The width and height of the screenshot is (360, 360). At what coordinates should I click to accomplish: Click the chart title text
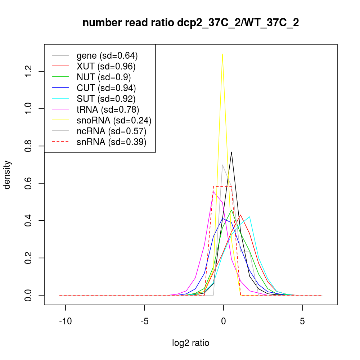(191, 23)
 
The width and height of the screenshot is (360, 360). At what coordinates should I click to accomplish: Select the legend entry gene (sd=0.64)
(107, 55)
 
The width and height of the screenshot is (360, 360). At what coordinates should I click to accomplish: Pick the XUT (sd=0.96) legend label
(106, 66)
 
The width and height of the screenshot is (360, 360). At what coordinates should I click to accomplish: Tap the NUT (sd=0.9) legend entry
(104, 77)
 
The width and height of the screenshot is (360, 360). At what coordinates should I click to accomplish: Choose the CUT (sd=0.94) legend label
(106, 88)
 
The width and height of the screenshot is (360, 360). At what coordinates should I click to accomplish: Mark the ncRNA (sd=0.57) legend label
(111, 131)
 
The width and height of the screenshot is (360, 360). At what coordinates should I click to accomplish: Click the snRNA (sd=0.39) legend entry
(111, 142)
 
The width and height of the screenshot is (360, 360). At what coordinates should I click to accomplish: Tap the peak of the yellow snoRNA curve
(223, 54)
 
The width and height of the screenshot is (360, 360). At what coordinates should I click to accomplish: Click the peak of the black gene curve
(231, 152)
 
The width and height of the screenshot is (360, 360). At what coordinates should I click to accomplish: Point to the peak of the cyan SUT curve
(249, 217)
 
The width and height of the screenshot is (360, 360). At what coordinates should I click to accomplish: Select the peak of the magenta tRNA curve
(213, 191)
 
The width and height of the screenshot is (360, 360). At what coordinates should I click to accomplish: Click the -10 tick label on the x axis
(65, 321)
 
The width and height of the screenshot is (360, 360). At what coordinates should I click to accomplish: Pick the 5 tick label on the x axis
(302, 321)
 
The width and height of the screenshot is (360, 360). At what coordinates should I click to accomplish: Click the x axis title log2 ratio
(191, 343)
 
